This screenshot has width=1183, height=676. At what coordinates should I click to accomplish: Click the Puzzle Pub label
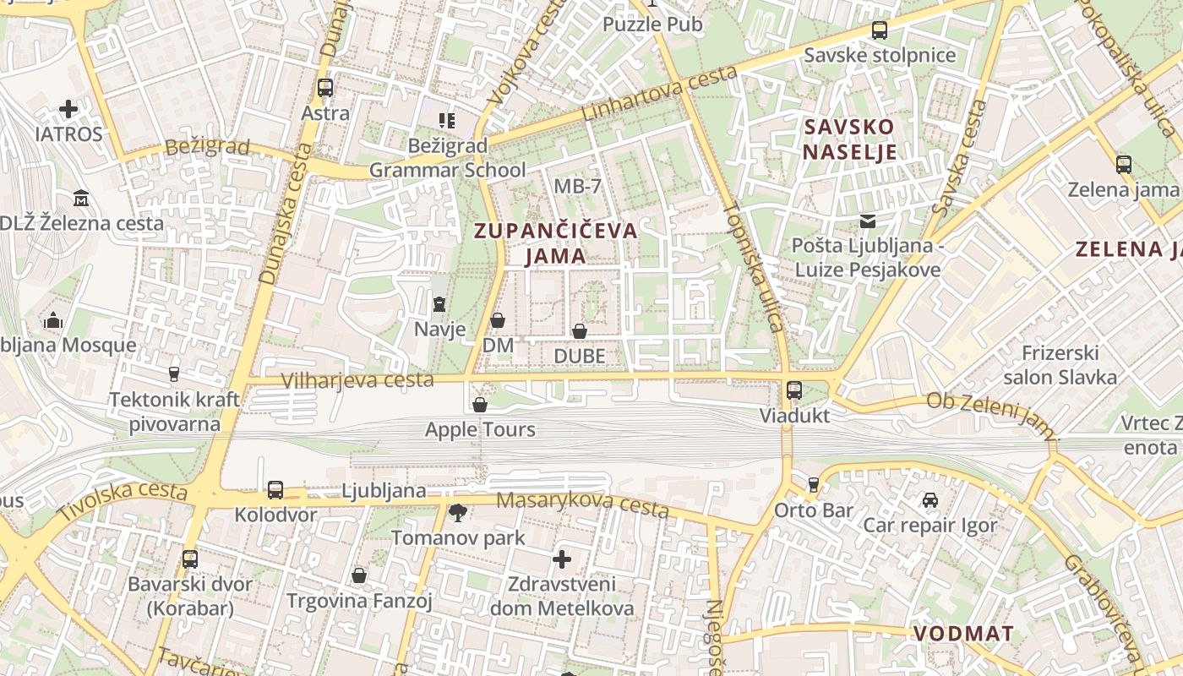tap(651, 25)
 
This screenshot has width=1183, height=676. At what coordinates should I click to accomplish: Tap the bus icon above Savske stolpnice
tap(880, 30)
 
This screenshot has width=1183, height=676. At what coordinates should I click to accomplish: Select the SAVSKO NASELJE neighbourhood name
tap(849, 139)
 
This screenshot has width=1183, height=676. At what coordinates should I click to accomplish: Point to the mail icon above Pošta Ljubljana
tap(867, 221)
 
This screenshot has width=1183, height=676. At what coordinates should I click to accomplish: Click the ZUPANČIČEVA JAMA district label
tap(555, 243)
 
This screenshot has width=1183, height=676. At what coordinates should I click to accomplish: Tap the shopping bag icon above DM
tap(498, 320)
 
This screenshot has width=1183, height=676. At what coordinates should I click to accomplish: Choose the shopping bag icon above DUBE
tap(580, 331)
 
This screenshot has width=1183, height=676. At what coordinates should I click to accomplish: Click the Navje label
tap(439, 329)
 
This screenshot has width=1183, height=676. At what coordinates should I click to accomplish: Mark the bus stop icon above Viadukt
tap(794, 390)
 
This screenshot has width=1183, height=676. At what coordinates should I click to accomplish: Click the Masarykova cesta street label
tap(582, 504)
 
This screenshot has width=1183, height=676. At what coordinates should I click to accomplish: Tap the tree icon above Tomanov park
tap(457, 512)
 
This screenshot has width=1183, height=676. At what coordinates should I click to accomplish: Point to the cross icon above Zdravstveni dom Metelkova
tap(562, 559)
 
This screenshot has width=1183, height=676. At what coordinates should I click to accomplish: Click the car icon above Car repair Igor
tap(929, 500)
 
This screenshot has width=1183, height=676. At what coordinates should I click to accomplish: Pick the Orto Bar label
tap(814, 510)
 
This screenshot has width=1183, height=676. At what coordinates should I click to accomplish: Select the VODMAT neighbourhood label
tap(963, 634)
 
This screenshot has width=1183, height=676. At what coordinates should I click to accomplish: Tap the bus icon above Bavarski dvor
tap(190, 559)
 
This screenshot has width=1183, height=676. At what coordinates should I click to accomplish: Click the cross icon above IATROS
tap(68, 109)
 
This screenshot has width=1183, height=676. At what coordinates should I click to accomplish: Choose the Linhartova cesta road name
tap(660, 94)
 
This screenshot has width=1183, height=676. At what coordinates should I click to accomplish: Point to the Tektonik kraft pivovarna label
tap(174, 412)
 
